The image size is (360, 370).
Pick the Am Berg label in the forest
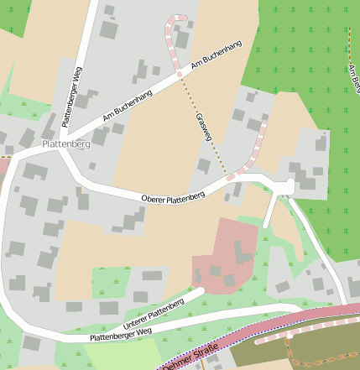click(354, 77)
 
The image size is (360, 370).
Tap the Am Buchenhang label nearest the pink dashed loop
click(216, 52)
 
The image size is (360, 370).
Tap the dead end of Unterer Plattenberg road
click(202, 292)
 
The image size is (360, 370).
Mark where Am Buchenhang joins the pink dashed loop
click(179, 75)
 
